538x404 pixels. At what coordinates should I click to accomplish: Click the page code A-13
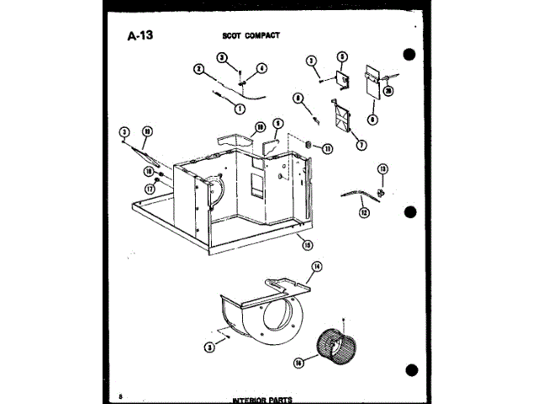(x=140, y=36)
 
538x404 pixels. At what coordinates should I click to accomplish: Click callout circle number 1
(x=240, y=109)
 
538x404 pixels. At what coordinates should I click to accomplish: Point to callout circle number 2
(x=199, y=69)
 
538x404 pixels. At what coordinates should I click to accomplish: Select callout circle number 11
(x=328, y=148)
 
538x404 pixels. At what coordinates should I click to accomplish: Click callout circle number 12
(x=364, y=213)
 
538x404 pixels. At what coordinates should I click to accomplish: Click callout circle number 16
(x=298, y=363)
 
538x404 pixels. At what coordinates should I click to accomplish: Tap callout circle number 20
(x=388, y=92)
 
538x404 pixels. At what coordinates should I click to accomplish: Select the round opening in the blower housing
(x=279, y=321)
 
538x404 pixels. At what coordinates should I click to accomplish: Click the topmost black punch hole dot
(x=409, y=56)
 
